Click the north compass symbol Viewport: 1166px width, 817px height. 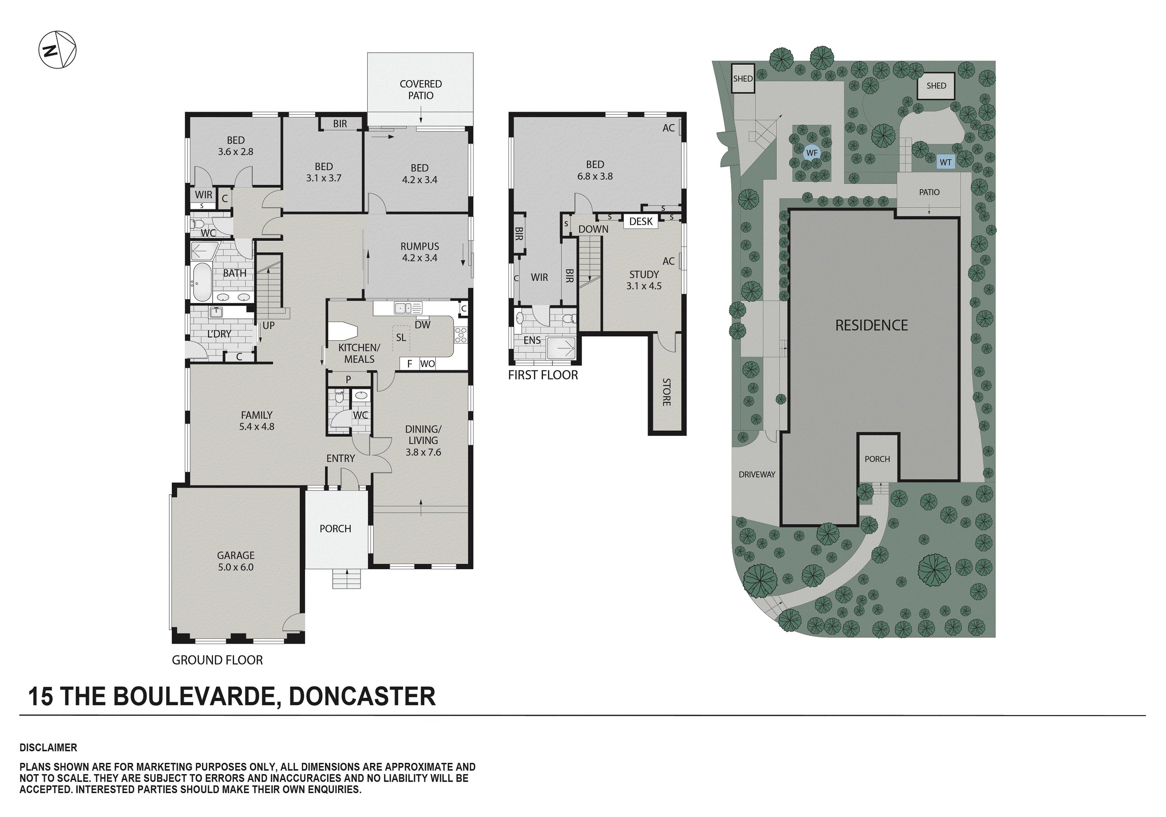[58, 50]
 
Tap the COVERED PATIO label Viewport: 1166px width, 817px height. [421, 89]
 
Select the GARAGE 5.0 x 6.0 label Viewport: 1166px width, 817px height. [236, 561]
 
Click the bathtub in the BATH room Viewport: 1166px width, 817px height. [202, 282]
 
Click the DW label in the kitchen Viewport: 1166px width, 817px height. [422, 325]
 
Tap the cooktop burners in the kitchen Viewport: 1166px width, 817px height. [461, 335]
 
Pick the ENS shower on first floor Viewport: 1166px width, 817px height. [561, 348]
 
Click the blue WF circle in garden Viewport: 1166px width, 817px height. [812, 153]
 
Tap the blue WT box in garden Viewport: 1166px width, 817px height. [945, 162]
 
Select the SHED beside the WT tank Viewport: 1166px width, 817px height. [936, 86]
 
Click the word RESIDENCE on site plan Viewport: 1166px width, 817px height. [871, 325]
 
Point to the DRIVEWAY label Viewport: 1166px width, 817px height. [757, 474]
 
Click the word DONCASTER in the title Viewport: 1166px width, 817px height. [361, 696]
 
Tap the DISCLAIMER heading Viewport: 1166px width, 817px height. [48, 747]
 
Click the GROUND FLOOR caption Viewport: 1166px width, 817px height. [217, 660]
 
